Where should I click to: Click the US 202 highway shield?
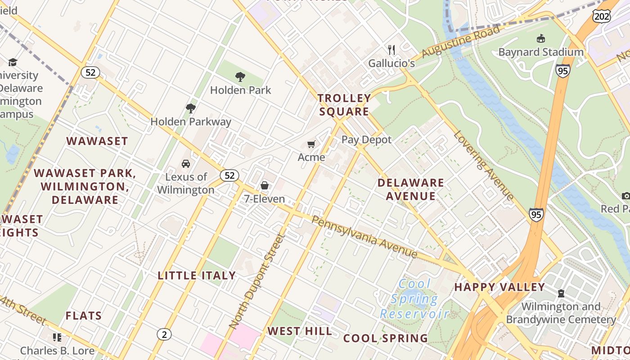tap(602, 16)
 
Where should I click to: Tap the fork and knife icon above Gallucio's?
tap(391, 49)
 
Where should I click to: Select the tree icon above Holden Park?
tap(240, 77)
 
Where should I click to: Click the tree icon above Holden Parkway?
tap(191, 108)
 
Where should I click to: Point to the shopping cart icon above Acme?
tap(311, 144)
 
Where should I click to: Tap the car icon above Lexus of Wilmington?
tap(185, 163)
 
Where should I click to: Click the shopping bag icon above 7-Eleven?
tap(265, 185)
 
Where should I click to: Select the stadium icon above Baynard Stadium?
tap(541, 39)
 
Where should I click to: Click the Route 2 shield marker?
tap(164, 334)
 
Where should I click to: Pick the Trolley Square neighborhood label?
tap(344, 105)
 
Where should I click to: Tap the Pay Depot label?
tap(367, 139)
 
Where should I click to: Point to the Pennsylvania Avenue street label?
tap(364, 237)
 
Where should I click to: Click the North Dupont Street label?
tap(257, 281)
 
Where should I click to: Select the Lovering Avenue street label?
tap(484, 165)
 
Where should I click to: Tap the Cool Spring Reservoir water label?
tap(414, 299)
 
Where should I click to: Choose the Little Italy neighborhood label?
tap(197, 275)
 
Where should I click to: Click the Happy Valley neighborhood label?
tap(499, 287)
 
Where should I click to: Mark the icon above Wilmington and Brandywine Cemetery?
tap(561, 293)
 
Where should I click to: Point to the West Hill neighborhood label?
tap(300, 331)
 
